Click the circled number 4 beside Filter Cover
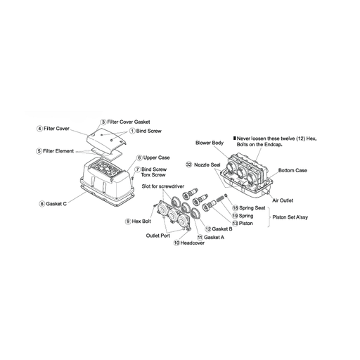pyautogui.click(x=39, y=129)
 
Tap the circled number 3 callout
pyautogui.click(x=103, y=122)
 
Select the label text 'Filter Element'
pyautogui.click(x=58, y=151)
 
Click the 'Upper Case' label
pyautogui.click(x=156, y=157)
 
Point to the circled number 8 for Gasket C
pyautogui.click(x=41, y=204)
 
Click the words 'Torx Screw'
pyautogui.click(x=153, y=175)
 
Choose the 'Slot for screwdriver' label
pyautogui.click(x=163, y=186)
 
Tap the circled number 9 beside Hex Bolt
pyautogui.click(x=128, y=221)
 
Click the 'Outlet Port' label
pyautogui.click(x=158, y=236)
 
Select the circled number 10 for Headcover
pyautogui.click(x=176, y=243)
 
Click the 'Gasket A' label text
pyautogui.click(x=214, y=237)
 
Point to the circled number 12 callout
pyautogui.click(x=208, y=229)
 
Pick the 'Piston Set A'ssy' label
pyautogui.click(x=290, y=217)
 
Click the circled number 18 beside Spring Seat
pyautogui.click(x=236, y=208)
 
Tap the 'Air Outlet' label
pyautogui.click(x=283, y=200)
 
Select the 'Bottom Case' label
pyautogui.click(x=292, y=170)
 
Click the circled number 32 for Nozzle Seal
pyautogui.click(x=189, y=165)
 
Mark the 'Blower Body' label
pyautogui.click(x=210, y=143)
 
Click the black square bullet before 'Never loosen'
pyautogui.click(x=235, y=139)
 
